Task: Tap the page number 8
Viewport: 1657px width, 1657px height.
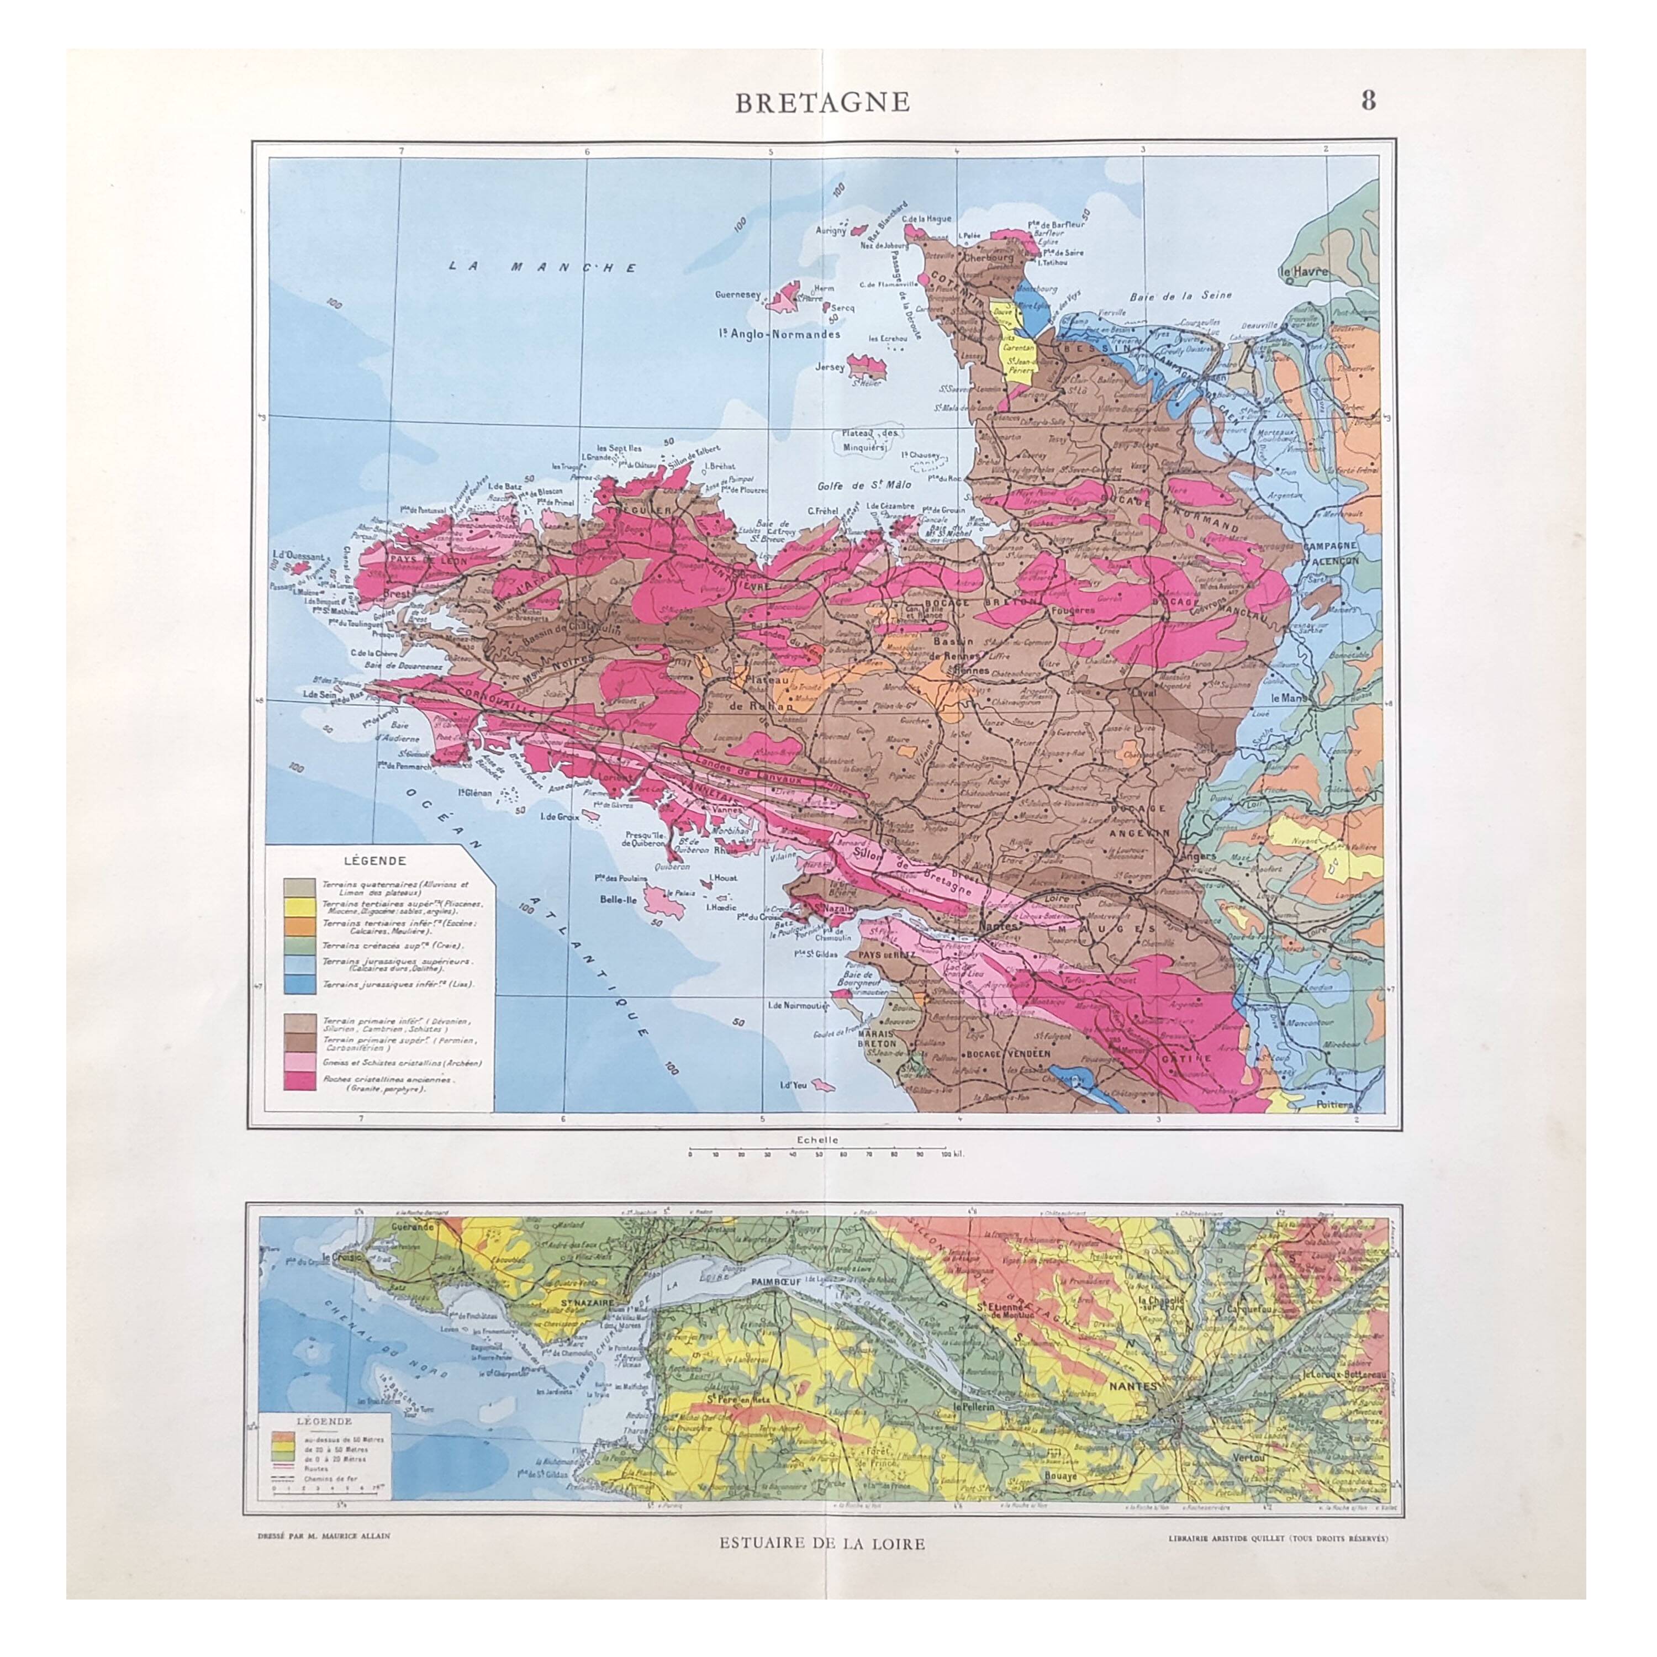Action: coord(1368,101)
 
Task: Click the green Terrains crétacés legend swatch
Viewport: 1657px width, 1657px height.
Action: coord(299,945)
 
